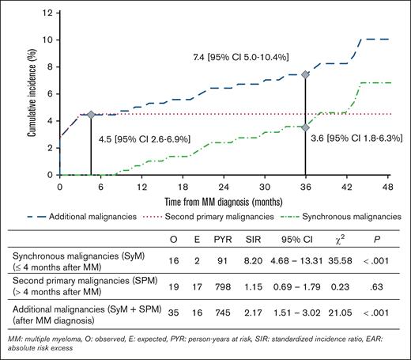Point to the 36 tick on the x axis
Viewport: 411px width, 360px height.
pos(305,188)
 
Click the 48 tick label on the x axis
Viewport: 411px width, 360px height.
pos(387,188)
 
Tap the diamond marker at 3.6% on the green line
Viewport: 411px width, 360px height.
pos(305,127)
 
